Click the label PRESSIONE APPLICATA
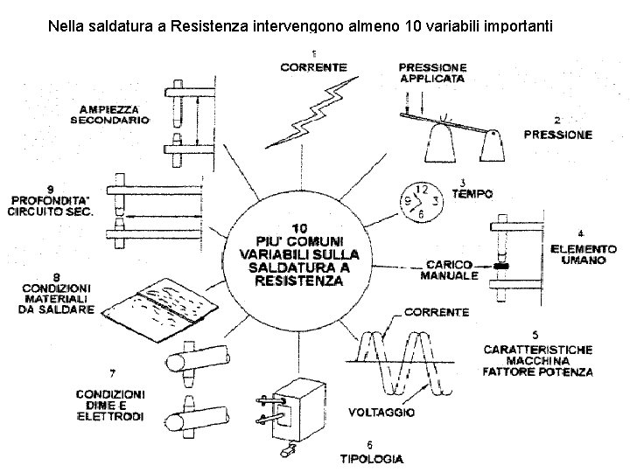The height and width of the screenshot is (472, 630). (431, 72)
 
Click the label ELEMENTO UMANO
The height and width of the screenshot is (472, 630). (583, 255)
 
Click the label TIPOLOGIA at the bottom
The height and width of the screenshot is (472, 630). (371, 457)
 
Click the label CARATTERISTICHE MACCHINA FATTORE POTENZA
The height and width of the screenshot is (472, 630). (538, 360)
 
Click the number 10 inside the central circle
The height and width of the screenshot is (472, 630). (298, 226)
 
